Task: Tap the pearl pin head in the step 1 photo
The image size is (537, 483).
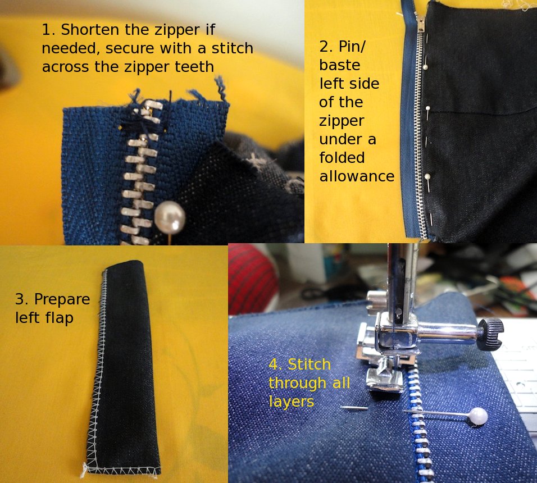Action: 170,218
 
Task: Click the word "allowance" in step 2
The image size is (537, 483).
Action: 357,176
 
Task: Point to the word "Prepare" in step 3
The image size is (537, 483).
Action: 62,299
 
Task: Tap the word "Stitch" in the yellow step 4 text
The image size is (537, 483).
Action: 309,365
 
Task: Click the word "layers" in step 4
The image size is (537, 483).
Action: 291,402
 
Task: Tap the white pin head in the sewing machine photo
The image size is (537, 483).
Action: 478,416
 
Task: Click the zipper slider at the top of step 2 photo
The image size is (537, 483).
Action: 419,22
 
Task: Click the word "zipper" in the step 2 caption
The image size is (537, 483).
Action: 341,120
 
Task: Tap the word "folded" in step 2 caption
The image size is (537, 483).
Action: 342,157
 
